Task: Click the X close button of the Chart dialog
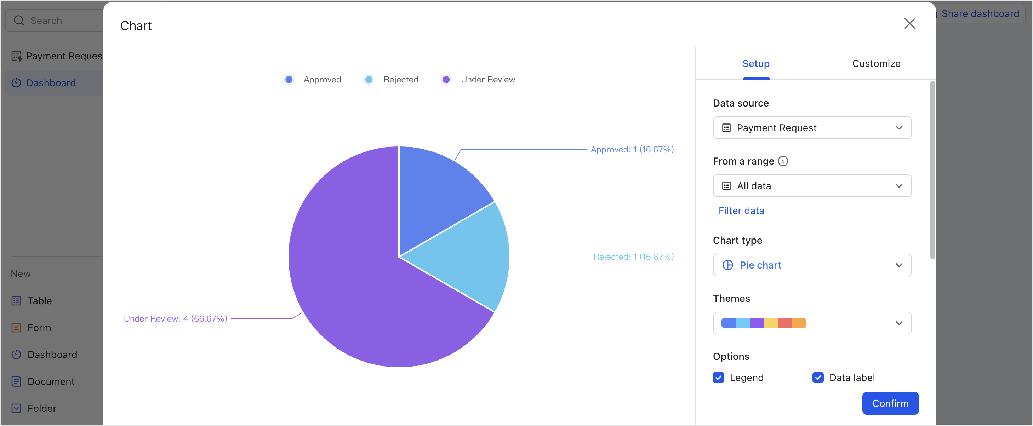click(909, 24)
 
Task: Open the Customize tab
click(876, 64)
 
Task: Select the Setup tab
click(755, 64)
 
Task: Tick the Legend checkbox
click(718, 378)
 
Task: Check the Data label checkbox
click(818, 378)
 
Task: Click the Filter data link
click(741, 211)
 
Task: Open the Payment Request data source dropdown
click(812, 128)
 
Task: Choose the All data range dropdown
click(812, 186)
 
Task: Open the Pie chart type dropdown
click(812, 265)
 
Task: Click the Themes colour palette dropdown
click(812, 323)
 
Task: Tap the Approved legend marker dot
click(289, 80)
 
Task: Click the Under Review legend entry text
click(487, 80)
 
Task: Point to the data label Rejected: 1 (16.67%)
click(633, 257)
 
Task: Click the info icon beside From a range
click(783, 161)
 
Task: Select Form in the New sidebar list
click(39, 328)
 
